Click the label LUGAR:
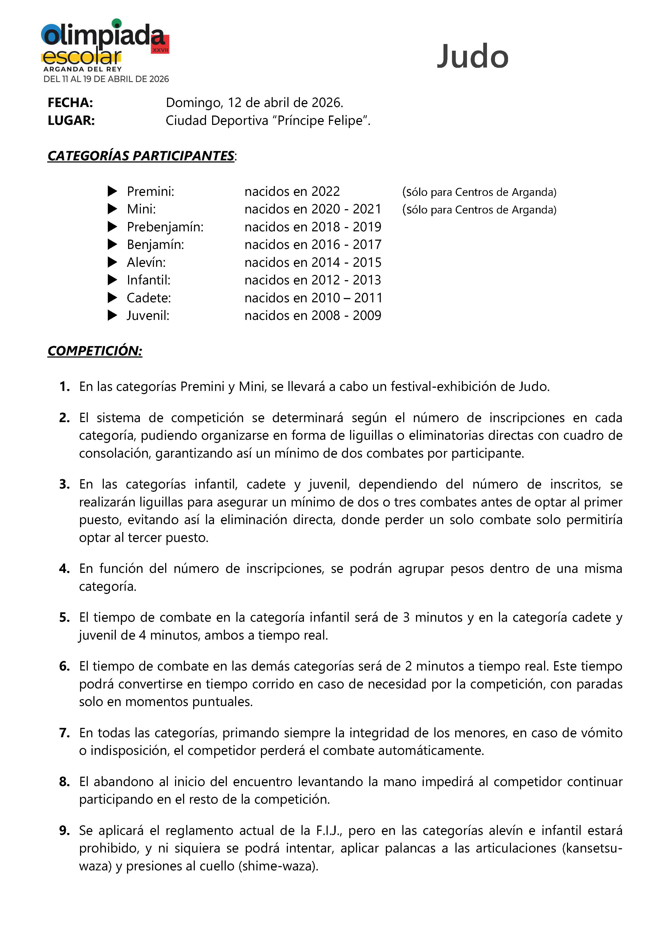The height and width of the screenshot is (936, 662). click(71, 121)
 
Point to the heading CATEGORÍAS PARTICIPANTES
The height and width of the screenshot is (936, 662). click(141, 156)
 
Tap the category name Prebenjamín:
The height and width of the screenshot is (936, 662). click(165, 227)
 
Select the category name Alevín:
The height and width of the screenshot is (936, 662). click(146, 262)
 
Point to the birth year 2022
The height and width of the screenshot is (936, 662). click(325, 191)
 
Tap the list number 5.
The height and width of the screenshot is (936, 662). click(64, 617)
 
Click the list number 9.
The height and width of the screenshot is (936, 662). click(64, 830)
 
